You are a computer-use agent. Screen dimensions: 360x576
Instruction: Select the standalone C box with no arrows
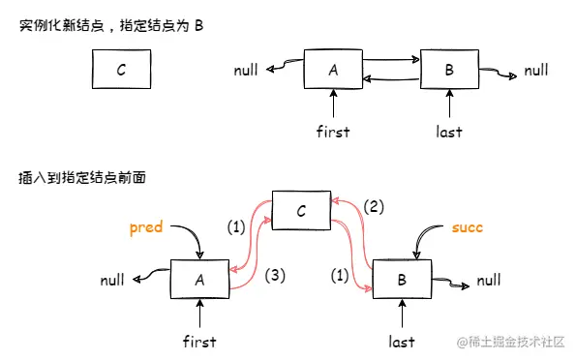pos(120,70)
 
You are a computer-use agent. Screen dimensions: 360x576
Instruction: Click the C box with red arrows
pos(301,211)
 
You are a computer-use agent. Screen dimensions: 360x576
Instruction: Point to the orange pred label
pos(146,228)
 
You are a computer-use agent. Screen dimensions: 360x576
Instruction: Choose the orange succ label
pos(466,228)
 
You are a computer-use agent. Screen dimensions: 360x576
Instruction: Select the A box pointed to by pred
pos(198,280)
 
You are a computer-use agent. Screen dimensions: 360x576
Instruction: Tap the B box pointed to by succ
pos(401,281)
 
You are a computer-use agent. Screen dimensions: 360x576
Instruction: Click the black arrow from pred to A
pos(185,239)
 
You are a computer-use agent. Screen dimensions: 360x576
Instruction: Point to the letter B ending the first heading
pos(198,22)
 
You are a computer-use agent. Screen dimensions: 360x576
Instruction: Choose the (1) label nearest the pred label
pos(236,227)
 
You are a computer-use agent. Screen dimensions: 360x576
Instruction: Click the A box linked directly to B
pos(333,70)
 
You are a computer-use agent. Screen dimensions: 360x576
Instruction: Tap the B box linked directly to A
pos(449,70)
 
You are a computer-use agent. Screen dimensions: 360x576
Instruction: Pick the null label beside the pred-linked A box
pos(112,281)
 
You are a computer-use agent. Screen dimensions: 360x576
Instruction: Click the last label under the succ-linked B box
pos(401,341)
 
